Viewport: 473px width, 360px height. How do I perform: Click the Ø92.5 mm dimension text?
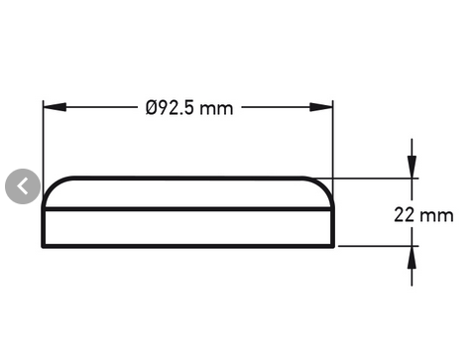click(188, 107)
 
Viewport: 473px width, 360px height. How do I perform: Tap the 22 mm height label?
click(423, 214)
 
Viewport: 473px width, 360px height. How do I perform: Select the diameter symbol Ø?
click(152, 107)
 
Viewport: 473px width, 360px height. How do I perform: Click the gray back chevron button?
click(23, 185)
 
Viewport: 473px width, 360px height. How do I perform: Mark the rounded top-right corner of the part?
click(321, 185)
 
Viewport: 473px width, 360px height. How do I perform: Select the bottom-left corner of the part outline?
click(44, 246)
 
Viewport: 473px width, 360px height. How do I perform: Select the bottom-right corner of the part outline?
click(333, 246)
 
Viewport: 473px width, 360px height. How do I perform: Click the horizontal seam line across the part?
click(188, 209)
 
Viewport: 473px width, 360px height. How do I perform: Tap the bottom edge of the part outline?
click(188, 246)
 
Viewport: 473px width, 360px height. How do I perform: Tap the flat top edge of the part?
click(188, 179)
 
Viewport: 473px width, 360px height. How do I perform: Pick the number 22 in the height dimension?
click(404, 214)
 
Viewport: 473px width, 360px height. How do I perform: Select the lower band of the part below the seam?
click(188, 228)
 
